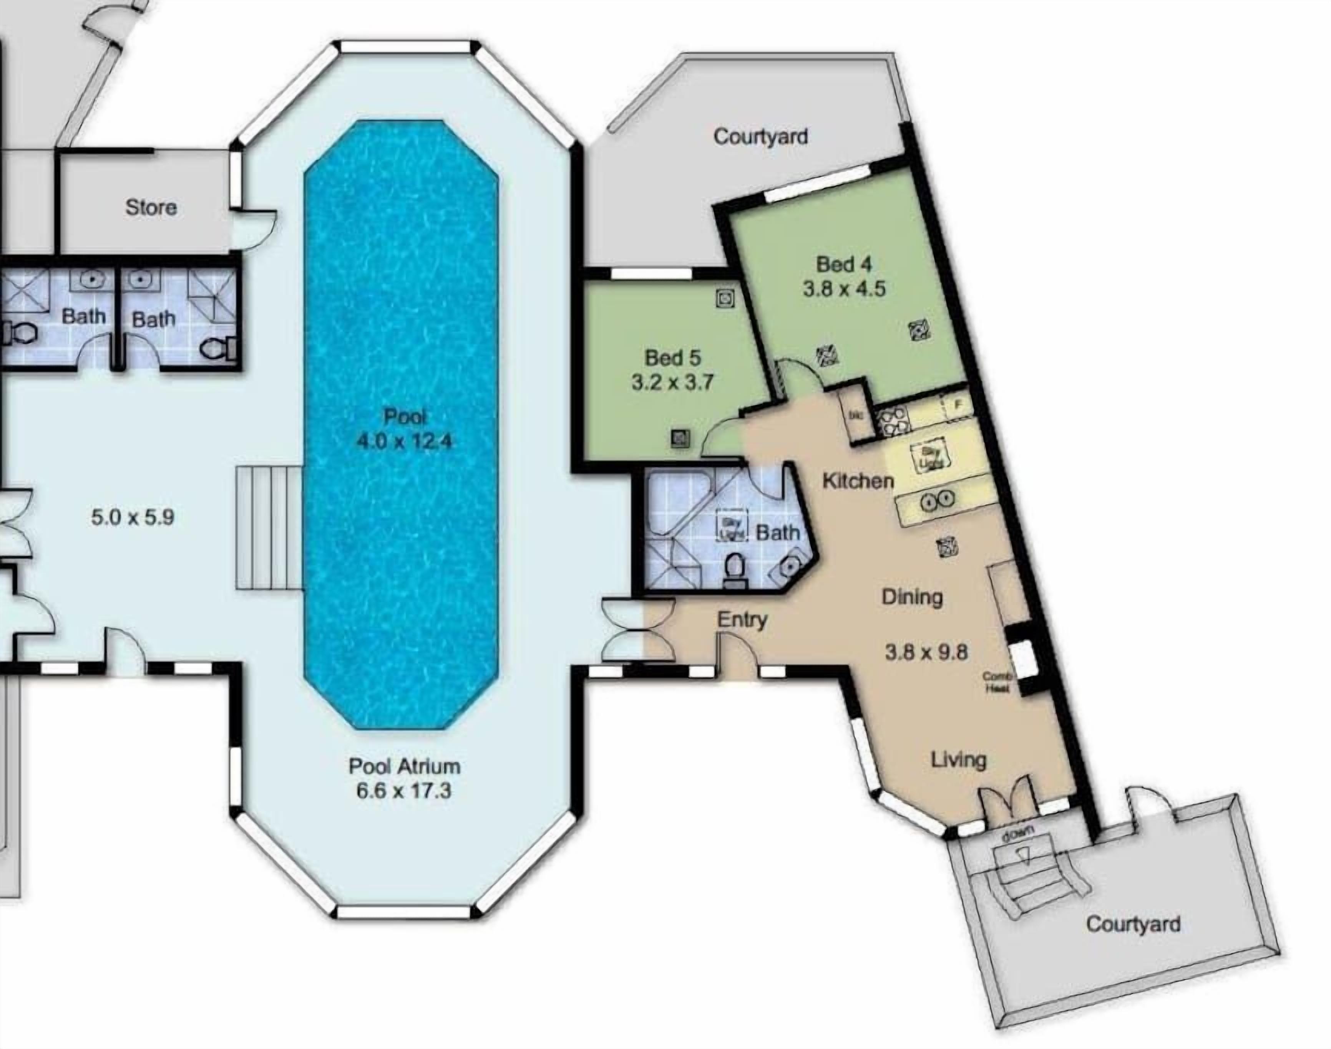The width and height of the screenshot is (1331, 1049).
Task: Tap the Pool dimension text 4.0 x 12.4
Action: click(404, 441)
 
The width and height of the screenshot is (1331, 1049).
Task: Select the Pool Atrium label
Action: click(404, 766)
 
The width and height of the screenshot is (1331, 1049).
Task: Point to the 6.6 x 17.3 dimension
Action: click(404, 791)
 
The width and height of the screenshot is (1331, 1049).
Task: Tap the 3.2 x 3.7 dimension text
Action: click(672, 383)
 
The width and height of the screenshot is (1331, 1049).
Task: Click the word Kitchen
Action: click(858, 480)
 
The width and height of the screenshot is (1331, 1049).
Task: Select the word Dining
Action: click(912, 596)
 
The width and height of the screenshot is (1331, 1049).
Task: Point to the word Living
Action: click(959, 760)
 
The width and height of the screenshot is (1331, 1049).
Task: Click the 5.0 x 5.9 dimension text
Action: click(133, 517)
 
